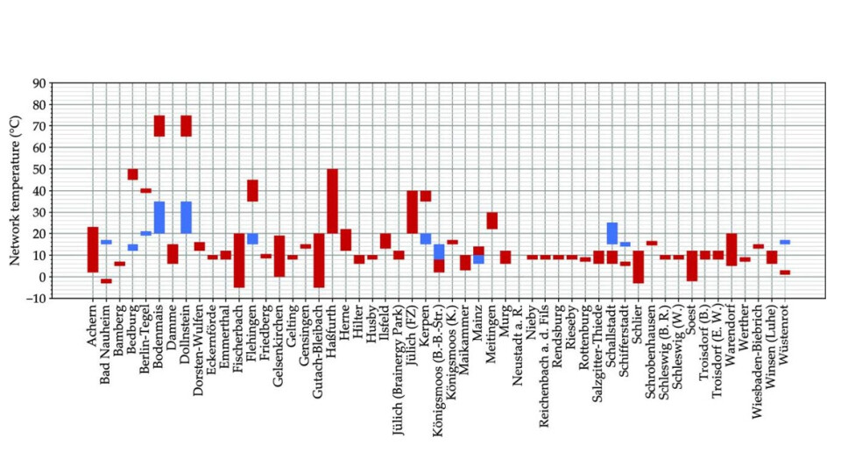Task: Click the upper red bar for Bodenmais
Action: tap(159, 125)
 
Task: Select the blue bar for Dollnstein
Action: tap(186, 217)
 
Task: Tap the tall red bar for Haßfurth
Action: tap(332, 201)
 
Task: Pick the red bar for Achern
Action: tap(93, 250)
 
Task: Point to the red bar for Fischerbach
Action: tap(239, 260)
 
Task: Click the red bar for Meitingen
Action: tap(492, 221)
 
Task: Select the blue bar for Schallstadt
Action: tap(611, 233)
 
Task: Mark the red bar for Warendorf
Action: tap(731, 250)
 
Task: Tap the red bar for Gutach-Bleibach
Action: tap(319, 260)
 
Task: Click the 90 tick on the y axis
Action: tap(39, 83)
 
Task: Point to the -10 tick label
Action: tap(36, 299)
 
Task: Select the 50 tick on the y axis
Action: tap(39, 169)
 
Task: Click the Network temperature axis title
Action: tap(15, 191)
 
